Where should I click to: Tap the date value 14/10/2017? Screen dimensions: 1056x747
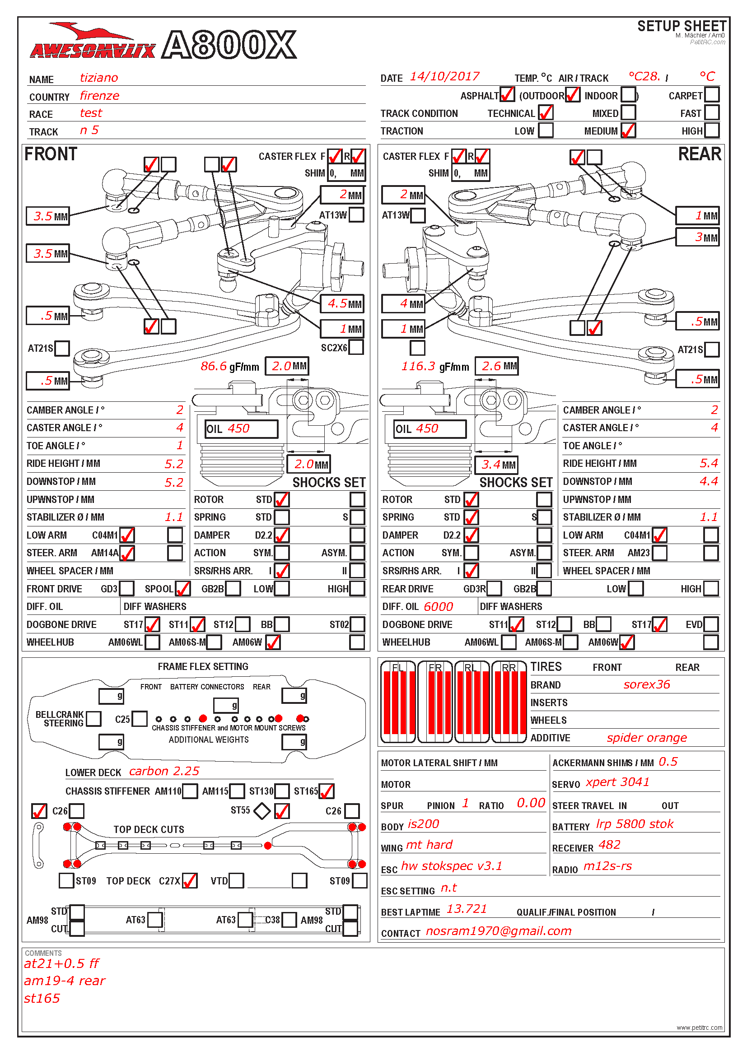[x=444, y=77]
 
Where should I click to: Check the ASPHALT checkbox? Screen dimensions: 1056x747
[x=507, y=95]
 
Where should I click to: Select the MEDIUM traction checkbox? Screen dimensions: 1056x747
[x=628, y=130]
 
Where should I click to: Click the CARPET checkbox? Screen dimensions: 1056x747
[x=712, y=95]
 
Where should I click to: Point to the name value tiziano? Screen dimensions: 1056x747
[x=99, y=78]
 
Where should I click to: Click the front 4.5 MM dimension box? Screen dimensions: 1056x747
[x=342, y=303]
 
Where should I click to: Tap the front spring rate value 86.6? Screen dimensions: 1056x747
[x=214, y=366]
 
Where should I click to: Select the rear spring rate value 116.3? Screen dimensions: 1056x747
[x=418, y=366]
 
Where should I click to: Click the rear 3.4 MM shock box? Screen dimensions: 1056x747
[x=497, y=465]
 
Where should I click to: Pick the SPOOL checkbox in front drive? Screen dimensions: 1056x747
[x=182, y=589]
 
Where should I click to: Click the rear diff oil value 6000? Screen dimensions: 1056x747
[x=438, y=607]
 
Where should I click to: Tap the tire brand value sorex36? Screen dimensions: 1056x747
[x=646, y=684]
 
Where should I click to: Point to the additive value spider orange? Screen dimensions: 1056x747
[x=646, y=738]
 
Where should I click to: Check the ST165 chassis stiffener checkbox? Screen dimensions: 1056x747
[x=326, y=791]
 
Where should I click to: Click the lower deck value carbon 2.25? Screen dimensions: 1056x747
[x=164, y=771]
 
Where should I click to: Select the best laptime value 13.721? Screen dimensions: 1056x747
[x=467, y=909]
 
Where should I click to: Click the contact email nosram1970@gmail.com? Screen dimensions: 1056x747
[x=499, y=931]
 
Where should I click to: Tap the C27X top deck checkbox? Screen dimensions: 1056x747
[x=190, y=881]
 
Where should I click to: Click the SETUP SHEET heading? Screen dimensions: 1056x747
[x=682, y=26]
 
